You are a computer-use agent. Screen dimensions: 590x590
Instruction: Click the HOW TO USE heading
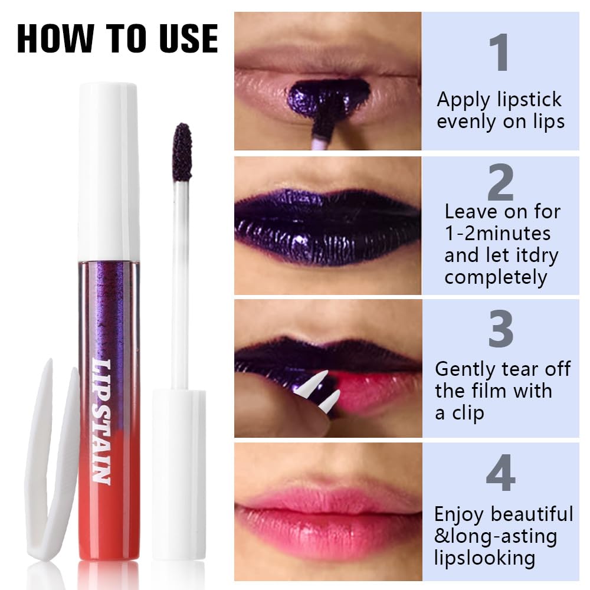tap(117, 38)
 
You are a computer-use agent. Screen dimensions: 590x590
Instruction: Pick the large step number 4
tap(500, 473)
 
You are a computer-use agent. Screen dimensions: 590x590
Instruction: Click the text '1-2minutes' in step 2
tap(497, 233)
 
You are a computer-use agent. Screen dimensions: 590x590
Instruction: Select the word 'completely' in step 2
tap(496, 277)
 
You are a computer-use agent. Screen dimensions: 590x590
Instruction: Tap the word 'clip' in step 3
tap(468, 413)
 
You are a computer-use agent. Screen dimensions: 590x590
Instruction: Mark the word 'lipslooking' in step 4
tap(485, 558)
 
